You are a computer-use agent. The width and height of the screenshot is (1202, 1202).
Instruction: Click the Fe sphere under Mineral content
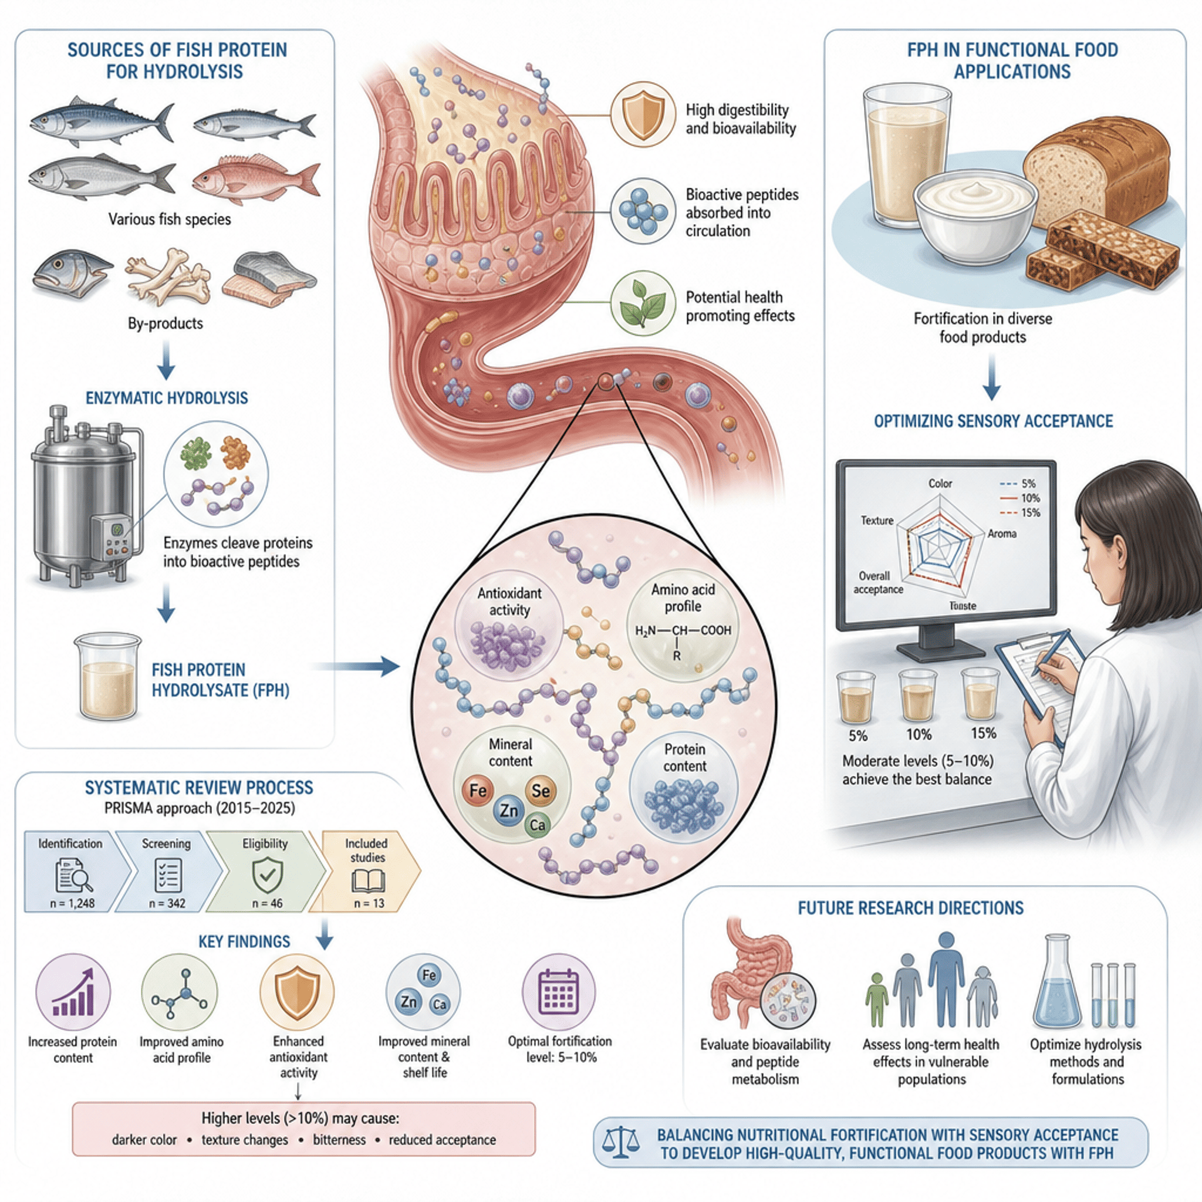pyautogui.click(x=478, y=791)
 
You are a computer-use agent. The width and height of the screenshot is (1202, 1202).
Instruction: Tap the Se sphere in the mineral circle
pyautogui.click(x=540, y=791)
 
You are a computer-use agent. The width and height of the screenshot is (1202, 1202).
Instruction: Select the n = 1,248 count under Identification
pyautogui.click(x=72, y=903)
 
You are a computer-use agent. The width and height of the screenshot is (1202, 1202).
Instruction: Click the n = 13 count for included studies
pyautogui.click(x=369, y=903)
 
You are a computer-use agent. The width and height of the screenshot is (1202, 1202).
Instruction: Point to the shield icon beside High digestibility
pyautogui.click(x=643, y=116)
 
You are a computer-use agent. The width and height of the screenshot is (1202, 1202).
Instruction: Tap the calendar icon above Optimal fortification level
pyautogui.click(x=558, y=994)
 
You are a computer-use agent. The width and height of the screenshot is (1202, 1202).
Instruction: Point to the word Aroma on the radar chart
pyautogui.click(x=1002, y=534)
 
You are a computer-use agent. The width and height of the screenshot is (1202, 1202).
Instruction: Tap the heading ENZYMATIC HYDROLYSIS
pyautogui.click(x=167, y=398)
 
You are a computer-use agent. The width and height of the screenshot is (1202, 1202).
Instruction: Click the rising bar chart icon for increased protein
pyautogui.click(x=73, y=994)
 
